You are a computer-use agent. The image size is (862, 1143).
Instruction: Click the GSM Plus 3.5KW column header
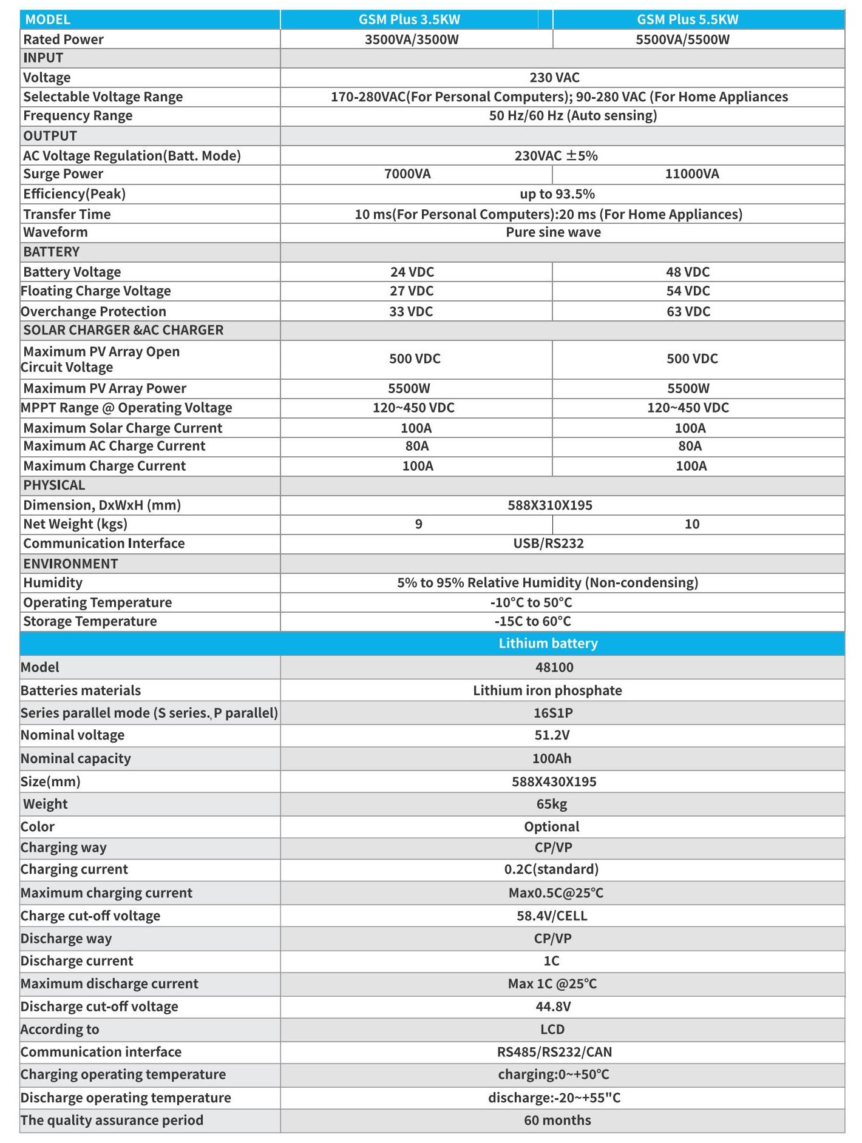tap(409, 19)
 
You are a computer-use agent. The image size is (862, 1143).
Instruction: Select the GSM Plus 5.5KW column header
tap(687, 19)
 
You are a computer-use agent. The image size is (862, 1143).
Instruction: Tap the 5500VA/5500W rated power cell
tap(682, 40)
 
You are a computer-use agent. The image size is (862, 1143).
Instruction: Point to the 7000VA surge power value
tap(407, 174)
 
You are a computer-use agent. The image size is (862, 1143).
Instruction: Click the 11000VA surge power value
tap(692, 174)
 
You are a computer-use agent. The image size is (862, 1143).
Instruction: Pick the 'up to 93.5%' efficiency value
tap(557, 194)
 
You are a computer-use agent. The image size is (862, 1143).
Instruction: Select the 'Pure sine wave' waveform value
tap(553, 232)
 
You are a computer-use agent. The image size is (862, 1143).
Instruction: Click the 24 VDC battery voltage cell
tap(412, 272)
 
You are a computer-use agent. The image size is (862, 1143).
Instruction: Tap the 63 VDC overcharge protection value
tap(688, 311)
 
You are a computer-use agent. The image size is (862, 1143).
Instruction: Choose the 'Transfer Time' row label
tap(67, 214)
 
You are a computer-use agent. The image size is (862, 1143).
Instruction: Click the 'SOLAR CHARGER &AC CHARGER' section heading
tap(123, 330)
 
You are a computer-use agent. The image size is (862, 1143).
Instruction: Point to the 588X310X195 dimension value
tap(550, 505)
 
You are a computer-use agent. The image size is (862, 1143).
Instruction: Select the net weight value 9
tap(418, 524)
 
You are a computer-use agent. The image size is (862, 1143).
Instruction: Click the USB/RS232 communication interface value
tap(548, 544)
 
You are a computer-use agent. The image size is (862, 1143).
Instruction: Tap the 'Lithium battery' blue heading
tap(548, 643)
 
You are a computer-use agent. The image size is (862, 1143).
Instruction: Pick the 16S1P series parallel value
tap(553, 713)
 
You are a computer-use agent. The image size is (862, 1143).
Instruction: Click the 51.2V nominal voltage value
tap(552, 735)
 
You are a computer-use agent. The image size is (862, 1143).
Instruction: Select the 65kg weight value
tap(551, 804)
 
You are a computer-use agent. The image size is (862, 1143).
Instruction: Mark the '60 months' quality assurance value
tap(557, 1120)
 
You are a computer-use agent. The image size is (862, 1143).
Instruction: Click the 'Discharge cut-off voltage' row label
tap(100, 1006)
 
